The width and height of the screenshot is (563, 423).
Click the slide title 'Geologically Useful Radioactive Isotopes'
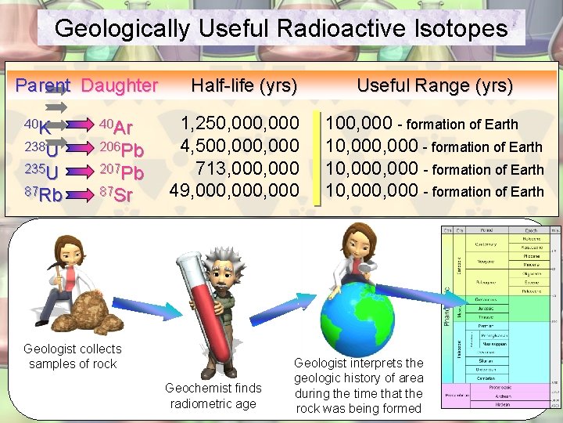pyautogui.click(x=281, y=29)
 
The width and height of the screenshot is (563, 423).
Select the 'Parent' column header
pyautogui.click(x=43, y=85)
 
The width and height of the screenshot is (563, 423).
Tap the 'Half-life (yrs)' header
pyautogui.click(x=243, y=85)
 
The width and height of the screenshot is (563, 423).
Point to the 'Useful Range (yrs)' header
pyautogui.click(x=435, y=85)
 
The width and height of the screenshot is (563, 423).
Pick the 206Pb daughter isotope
pyautogui.click(x=121, y=149)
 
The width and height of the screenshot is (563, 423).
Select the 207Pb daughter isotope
pyautogui.click(x=121, y=172)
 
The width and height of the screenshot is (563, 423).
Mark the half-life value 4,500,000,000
pyautogui.click(x=240, y=146)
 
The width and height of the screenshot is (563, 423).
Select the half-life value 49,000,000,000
pyautogui.click(x=235, y=190)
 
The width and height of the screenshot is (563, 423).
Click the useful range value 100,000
pyautogui.click(x=360, y=124)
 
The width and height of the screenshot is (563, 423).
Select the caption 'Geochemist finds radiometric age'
pyautogui.click(x=213, y=396)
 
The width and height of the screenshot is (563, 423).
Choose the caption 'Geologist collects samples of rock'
pyautogui.click(x=73, y=356)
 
